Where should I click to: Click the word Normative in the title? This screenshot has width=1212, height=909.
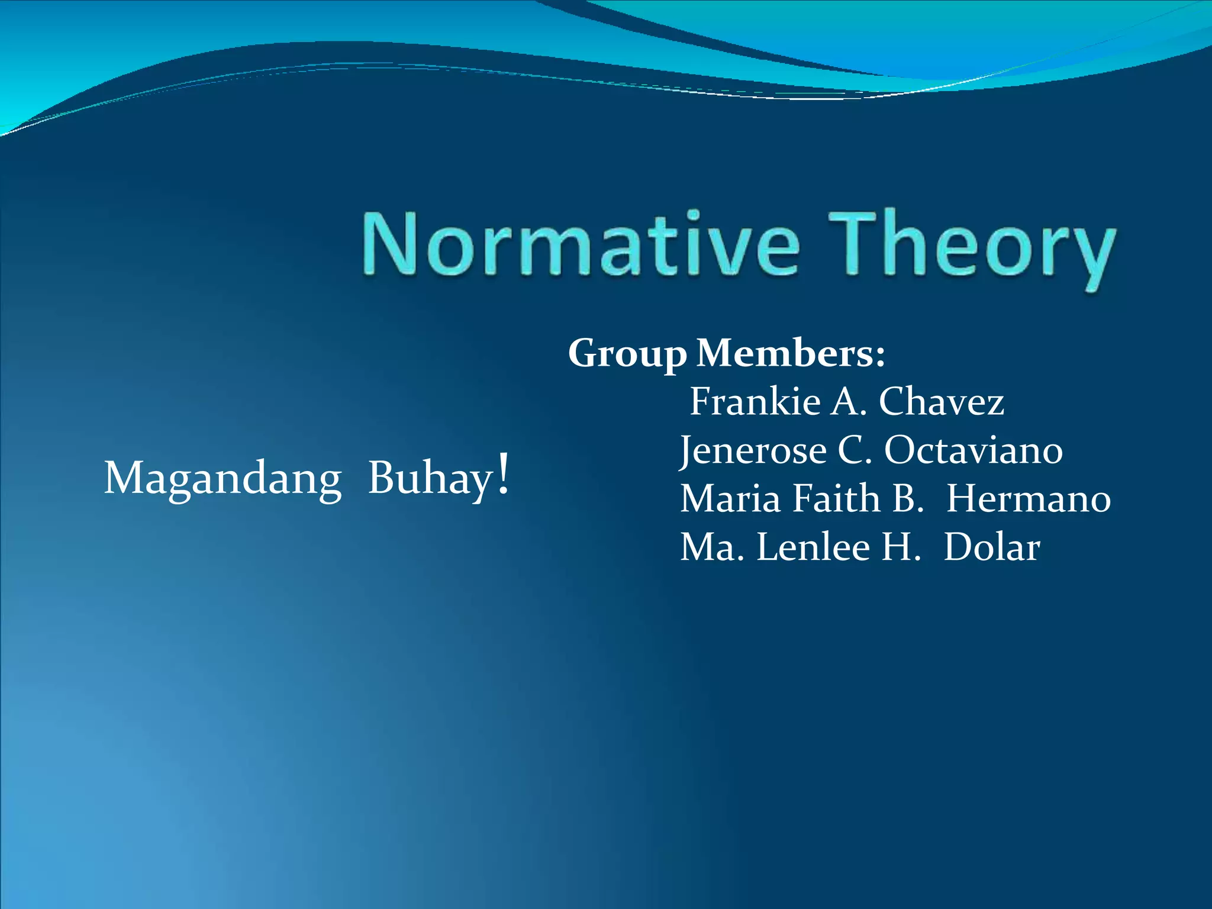click(580, 244)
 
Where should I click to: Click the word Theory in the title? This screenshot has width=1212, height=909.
click(971, 246)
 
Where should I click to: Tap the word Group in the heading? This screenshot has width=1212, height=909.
click(627, 354)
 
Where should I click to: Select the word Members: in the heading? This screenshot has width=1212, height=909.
click(791, 353)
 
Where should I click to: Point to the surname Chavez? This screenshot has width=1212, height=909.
click(942, 402)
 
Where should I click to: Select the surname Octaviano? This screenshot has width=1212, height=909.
click(974, 450)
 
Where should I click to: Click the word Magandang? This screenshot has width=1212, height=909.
click(223, 478)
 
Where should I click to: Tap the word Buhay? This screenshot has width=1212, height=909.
click(430, 478)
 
